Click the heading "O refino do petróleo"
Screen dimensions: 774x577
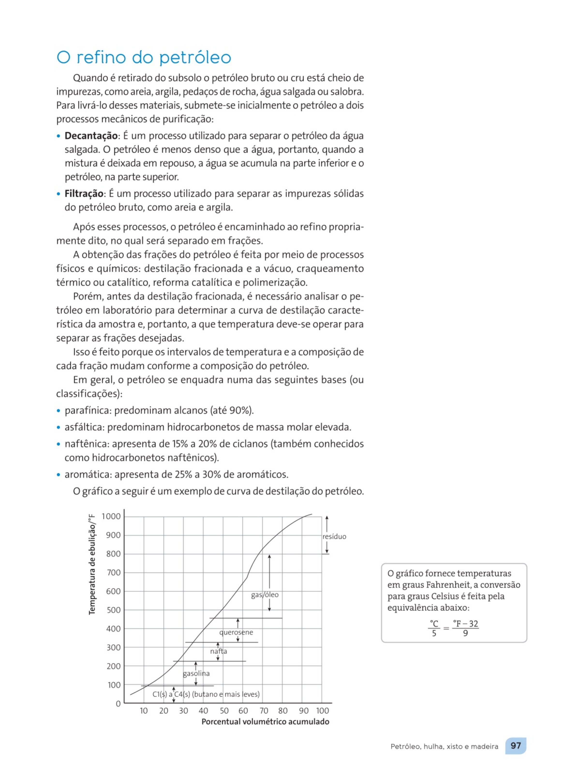(144, 57)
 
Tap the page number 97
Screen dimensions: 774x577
(516, 746)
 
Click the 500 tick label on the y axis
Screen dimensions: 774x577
(113, 610)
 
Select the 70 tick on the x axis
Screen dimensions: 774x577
(264, 711)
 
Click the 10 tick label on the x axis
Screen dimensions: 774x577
(144, 711)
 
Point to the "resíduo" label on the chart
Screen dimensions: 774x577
(334, 536)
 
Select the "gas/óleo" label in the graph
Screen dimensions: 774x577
(265, 595)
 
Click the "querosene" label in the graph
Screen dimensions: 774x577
(236, 632)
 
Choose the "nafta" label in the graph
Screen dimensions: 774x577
(218, 651)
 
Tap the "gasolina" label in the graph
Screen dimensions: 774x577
(196, 673)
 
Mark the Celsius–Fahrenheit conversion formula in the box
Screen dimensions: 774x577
(453, 628)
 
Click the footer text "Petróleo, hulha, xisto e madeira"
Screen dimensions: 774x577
(444, 746)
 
